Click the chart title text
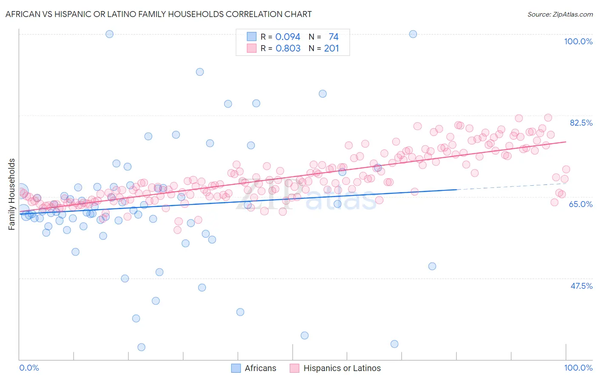[x=158, y=14]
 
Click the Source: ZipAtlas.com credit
[x=560, y=14]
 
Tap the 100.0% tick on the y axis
[x=578, y=41]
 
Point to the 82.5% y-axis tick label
[x=581, y=123]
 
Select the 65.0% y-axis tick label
[x=581, y=204]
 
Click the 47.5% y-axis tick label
[x=581, y=286]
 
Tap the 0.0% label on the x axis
[x=29, y=368]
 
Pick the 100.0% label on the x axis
[x=578, y=368]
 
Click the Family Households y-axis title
[x=12, y=194]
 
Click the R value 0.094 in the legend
[x=288, y=37]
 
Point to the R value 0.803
[x=288, y=49]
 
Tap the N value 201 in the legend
[x=331, y=49]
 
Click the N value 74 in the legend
[x=333, y=37]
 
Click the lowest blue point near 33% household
[x=141, y=347]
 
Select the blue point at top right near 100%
[x=413, y=34]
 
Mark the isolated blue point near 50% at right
[x=432, y=266]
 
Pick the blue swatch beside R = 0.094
[x=252, y=37]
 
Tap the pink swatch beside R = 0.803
[x=252, y=48]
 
